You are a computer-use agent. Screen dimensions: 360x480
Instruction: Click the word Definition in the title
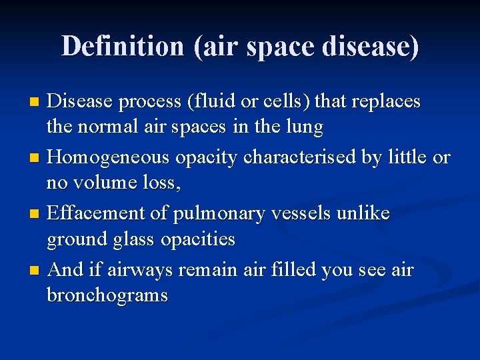[123, 46]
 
